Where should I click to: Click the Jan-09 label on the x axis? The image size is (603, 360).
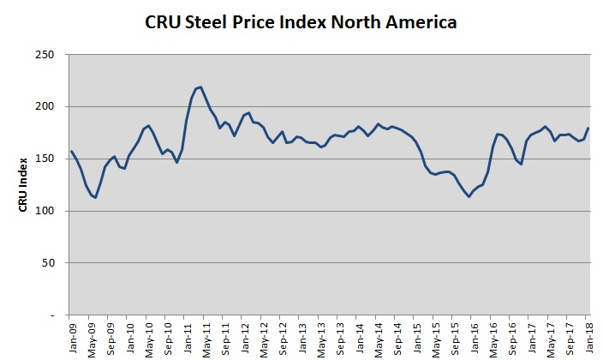click(x=70, y=337)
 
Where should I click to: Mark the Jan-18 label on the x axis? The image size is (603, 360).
click(x=590, y=337)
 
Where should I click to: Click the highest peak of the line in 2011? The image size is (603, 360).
click(x=200, y=87)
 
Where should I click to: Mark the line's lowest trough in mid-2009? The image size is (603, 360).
click(x=95, y=197)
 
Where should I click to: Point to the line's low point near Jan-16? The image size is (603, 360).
click(x=469, y=196)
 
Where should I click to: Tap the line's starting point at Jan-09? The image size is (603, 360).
click(x=70, y=152)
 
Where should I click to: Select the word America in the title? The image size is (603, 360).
click(x=417, y=21)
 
